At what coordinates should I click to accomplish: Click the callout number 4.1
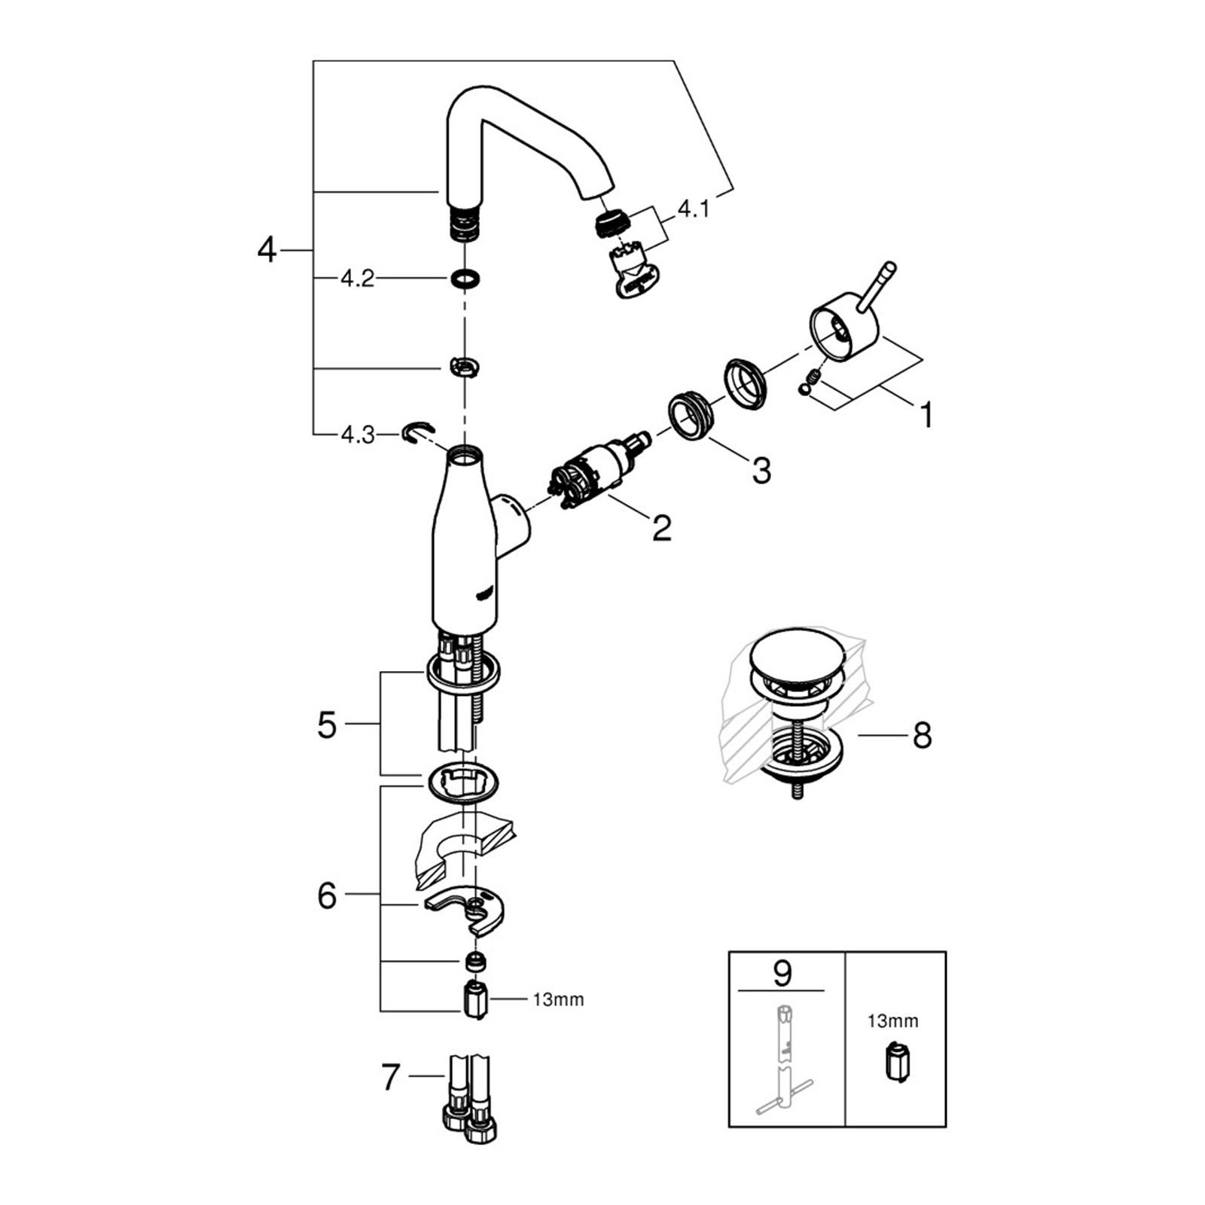pyautogui.click(x=693, y=209)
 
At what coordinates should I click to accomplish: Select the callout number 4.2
pyautogui.click(x=357, y=279)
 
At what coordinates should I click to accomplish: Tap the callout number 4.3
pyautogui.click(x=358, y=435)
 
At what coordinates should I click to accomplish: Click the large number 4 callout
pyautogui.click(x=267, y=249)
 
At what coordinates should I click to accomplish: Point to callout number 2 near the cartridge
pyautogui.click(x=661, y=528)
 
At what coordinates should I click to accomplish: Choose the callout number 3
pyautogui.click(x=761, y=471)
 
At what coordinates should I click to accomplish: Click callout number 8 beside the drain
pyautogui.click(x=922, y=735)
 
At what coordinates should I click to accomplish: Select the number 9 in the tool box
pyautogui.click(x=782, y=973)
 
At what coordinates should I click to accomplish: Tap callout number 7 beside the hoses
pyautogui.click(x=389, y=1077)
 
